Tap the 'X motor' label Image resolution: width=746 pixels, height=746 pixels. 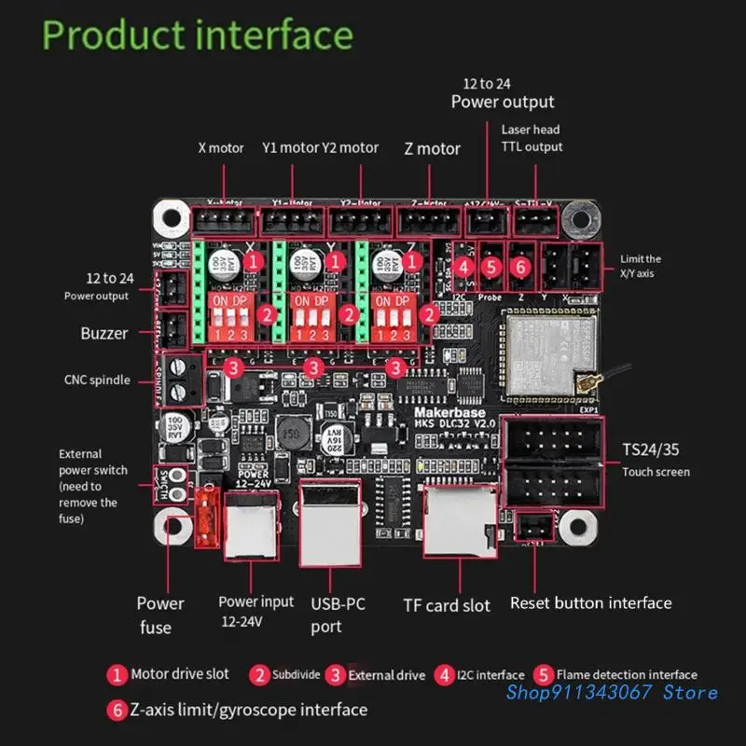[221, 147]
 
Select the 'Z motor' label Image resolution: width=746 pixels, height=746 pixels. [432, 148]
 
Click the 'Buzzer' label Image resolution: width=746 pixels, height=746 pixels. [104, 333]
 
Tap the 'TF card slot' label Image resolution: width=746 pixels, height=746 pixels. [446, 605]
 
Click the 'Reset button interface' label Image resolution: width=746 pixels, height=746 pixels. [590, 602]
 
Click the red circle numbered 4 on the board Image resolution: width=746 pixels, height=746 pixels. [463, 266]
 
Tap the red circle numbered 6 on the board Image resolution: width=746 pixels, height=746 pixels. [521, 266]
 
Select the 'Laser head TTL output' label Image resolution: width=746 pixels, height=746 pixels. [532, 138]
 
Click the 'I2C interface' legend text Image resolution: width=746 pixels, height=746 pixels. [493, 674]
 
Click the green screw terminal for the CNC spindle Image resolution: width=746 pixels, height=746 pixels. [183, 378]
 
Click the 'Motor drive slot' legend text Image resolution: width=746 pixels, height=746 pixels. [180, 673]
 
